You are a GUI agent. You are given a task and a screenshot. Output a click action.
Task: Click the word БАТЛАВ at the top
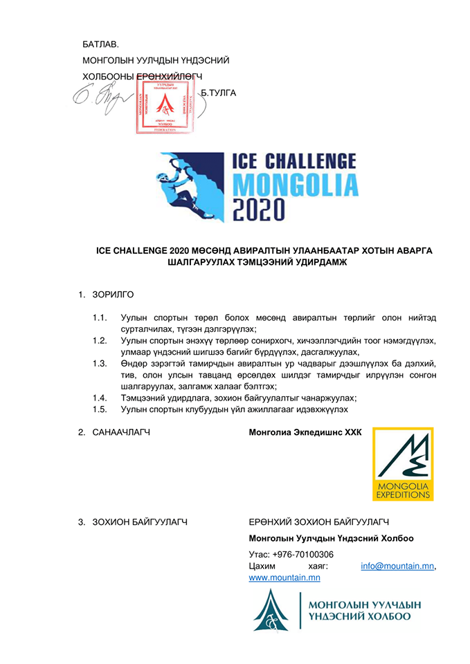click(x=100, y=44)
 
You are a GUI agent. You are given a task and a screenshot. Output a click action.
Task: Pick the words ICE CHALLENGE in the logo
click(x=296, y=161)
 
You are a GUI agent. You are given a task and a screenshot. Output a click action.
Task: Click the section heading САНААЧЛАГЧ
click(x=121, y=433)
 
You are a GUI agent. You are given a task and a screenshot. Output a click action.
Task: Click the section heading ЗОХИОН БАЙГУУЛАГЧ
click(x=140, y=522)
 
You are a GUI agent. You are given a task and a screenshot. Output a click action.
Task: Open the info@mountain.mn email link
click(x=397, y=566)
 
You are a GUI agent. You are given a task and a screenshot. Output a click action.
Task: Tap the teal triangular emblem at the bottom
click(x=271, y=611)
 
